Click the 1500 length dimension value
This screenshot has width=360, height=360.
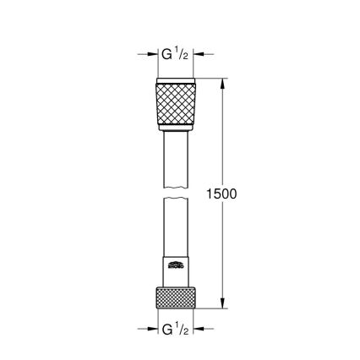click(x=222, y=194)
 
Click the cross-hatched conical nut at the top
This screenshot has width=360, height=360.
click(x=177, y=105)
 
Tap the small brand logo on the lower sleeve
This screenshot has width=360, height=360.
click(x=175, y=267)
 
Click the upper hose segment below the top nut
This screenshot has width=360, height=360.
click(x=177, y=161)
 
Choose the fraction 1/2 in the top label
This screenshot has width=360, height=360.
click(x=183, y=55)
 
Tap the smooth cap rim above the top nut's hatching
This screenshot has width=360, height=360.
click(x=177, y=82)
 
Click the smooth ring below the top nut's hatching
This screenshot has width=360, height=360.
click(x=177, y=129)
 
